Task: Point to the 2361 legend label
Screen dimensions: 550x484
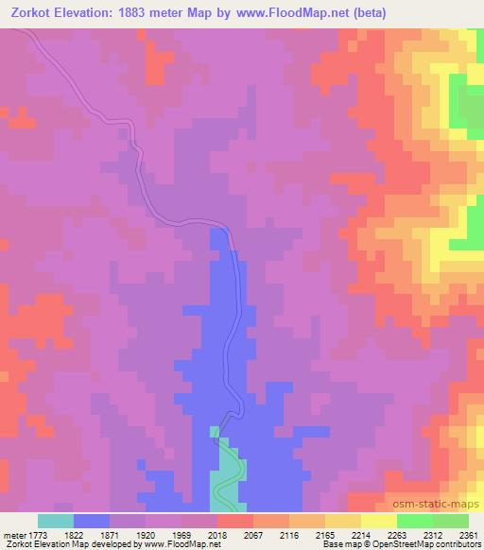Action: (x=470, y=535)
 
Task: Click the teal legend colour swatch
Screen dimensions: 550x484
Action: (x=56, y=521)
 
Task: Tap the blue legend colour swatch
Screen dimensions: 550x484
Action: (x=92, y=521)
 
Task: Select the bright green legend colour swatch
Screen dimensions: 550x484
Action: (x=415, y=521)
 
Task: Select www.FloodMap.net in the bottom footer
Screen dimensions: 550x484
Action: (x=176, y=545)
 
